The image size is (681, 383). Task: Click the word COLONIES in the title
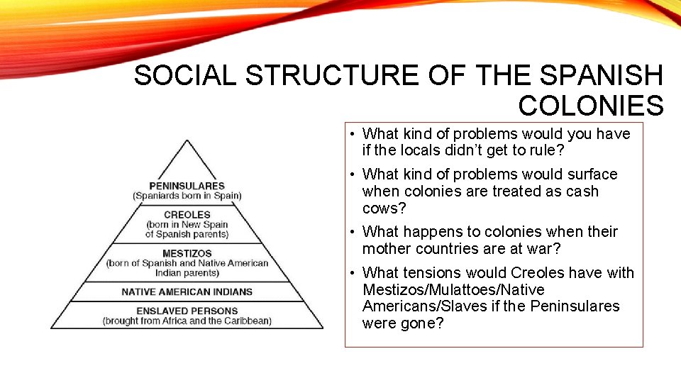pyautogui.click(x=591, y=106)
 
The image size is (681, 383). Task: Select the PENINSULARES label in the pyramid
pyautogui.click(x=187, y=186)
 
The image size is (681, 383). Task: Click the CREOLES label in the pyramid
pyautogui.click(x=187, y=214)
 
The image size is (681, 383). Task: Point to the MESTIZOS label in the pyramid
pyautogui.click(x=187, y=253)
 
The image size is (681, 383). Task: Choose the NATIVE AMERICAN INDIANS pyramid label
pyautogui.click(x=187, y=292)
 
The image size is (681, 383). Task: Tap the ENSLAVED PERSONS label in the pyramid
pyautogui.click(x=187, y=311)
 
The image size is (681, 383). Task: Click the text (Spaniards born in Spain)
pyautogui.click(x=187, y=196)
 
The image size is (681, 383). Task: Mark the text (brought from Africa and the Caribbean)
pyautogui.click(x=187, y=321)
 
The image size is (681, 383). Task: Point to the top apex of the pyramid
pyautogui.click(x=187, y=140)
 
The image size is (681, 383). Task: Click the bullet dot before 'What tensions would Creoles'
pyautogui.click(x=352, y=273)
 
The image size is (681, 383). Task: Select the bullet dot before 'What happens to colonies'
pyautogui.click(x=352, y=232)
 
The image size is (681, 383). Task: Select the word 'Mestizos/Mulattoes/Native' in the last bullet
pyautogui.click(x=453, y=289)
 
